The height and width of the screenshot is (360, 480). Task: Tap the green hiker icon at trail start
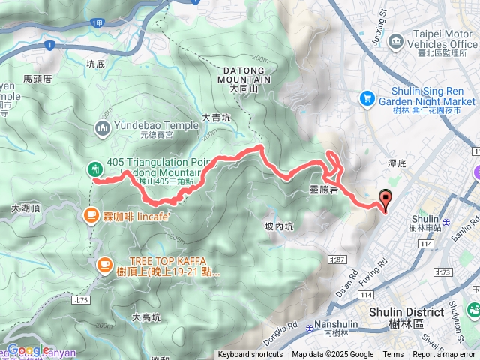[x=95, y=169]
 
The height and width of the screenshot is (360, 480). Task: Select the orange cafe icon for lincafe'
[x=91, y=215]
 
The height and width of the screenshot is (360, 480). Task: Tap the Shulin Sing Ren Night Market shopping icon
[x=367, y=97]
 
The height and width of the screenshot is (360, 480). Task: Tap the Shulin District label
[x=402, y=313]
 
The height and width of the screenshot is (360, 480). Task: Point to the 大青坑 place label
[x=217, y=118]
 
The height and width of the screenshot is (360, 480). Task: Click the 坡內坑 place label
[x=279, y=226]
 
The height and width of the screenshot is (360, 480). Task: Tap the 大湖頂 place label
[x=25, y=211]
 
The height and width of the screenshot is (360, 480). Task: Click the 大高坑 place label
[x=146, y=317]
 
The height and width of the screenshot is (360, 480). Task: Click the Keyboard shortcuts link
[x=250, y=355]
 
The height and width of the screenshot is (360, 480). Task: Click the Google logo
[x=28, y=349]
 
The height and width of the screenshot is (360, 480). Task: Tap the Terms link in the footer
[x=393, y=355]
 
